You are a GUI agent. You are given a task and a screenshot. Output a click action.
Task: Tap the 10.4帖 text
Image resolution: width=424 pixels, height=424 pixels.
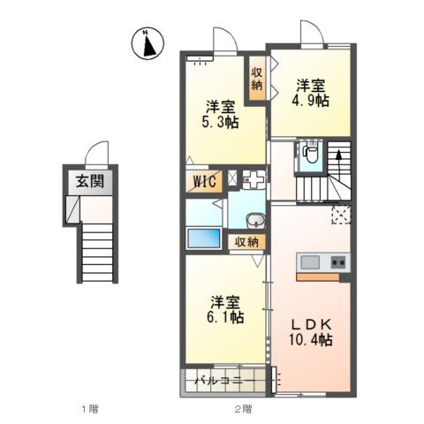[311, 339]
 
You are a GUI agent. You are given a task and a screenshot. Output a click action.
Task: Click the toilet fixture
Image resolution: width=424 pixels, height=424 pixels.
[309, 153]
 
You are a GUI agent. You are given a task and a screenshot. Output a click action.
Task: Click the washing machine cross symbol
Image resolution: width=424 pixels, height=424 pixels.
[254, 178]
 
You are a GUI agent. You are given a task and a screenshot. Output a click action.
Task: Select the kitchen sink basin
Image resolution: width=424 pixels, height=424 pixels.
[310, 262]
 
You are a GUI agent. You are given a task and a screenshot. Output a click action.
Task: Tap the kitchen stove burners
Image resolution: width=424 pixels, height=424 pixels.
[337, 262]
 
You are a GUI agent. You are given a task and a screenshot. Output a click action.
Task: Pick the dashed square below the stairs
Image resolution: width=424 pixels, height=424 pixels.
[340, 213]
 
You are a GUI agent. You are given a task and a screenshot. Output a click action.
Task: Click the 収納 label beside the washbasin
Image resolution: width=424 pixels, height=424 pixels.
[246, 241]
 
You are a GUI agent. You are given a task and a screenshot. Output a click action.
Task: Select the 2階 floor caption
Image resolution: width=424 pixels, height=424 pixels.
[242, 408]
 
